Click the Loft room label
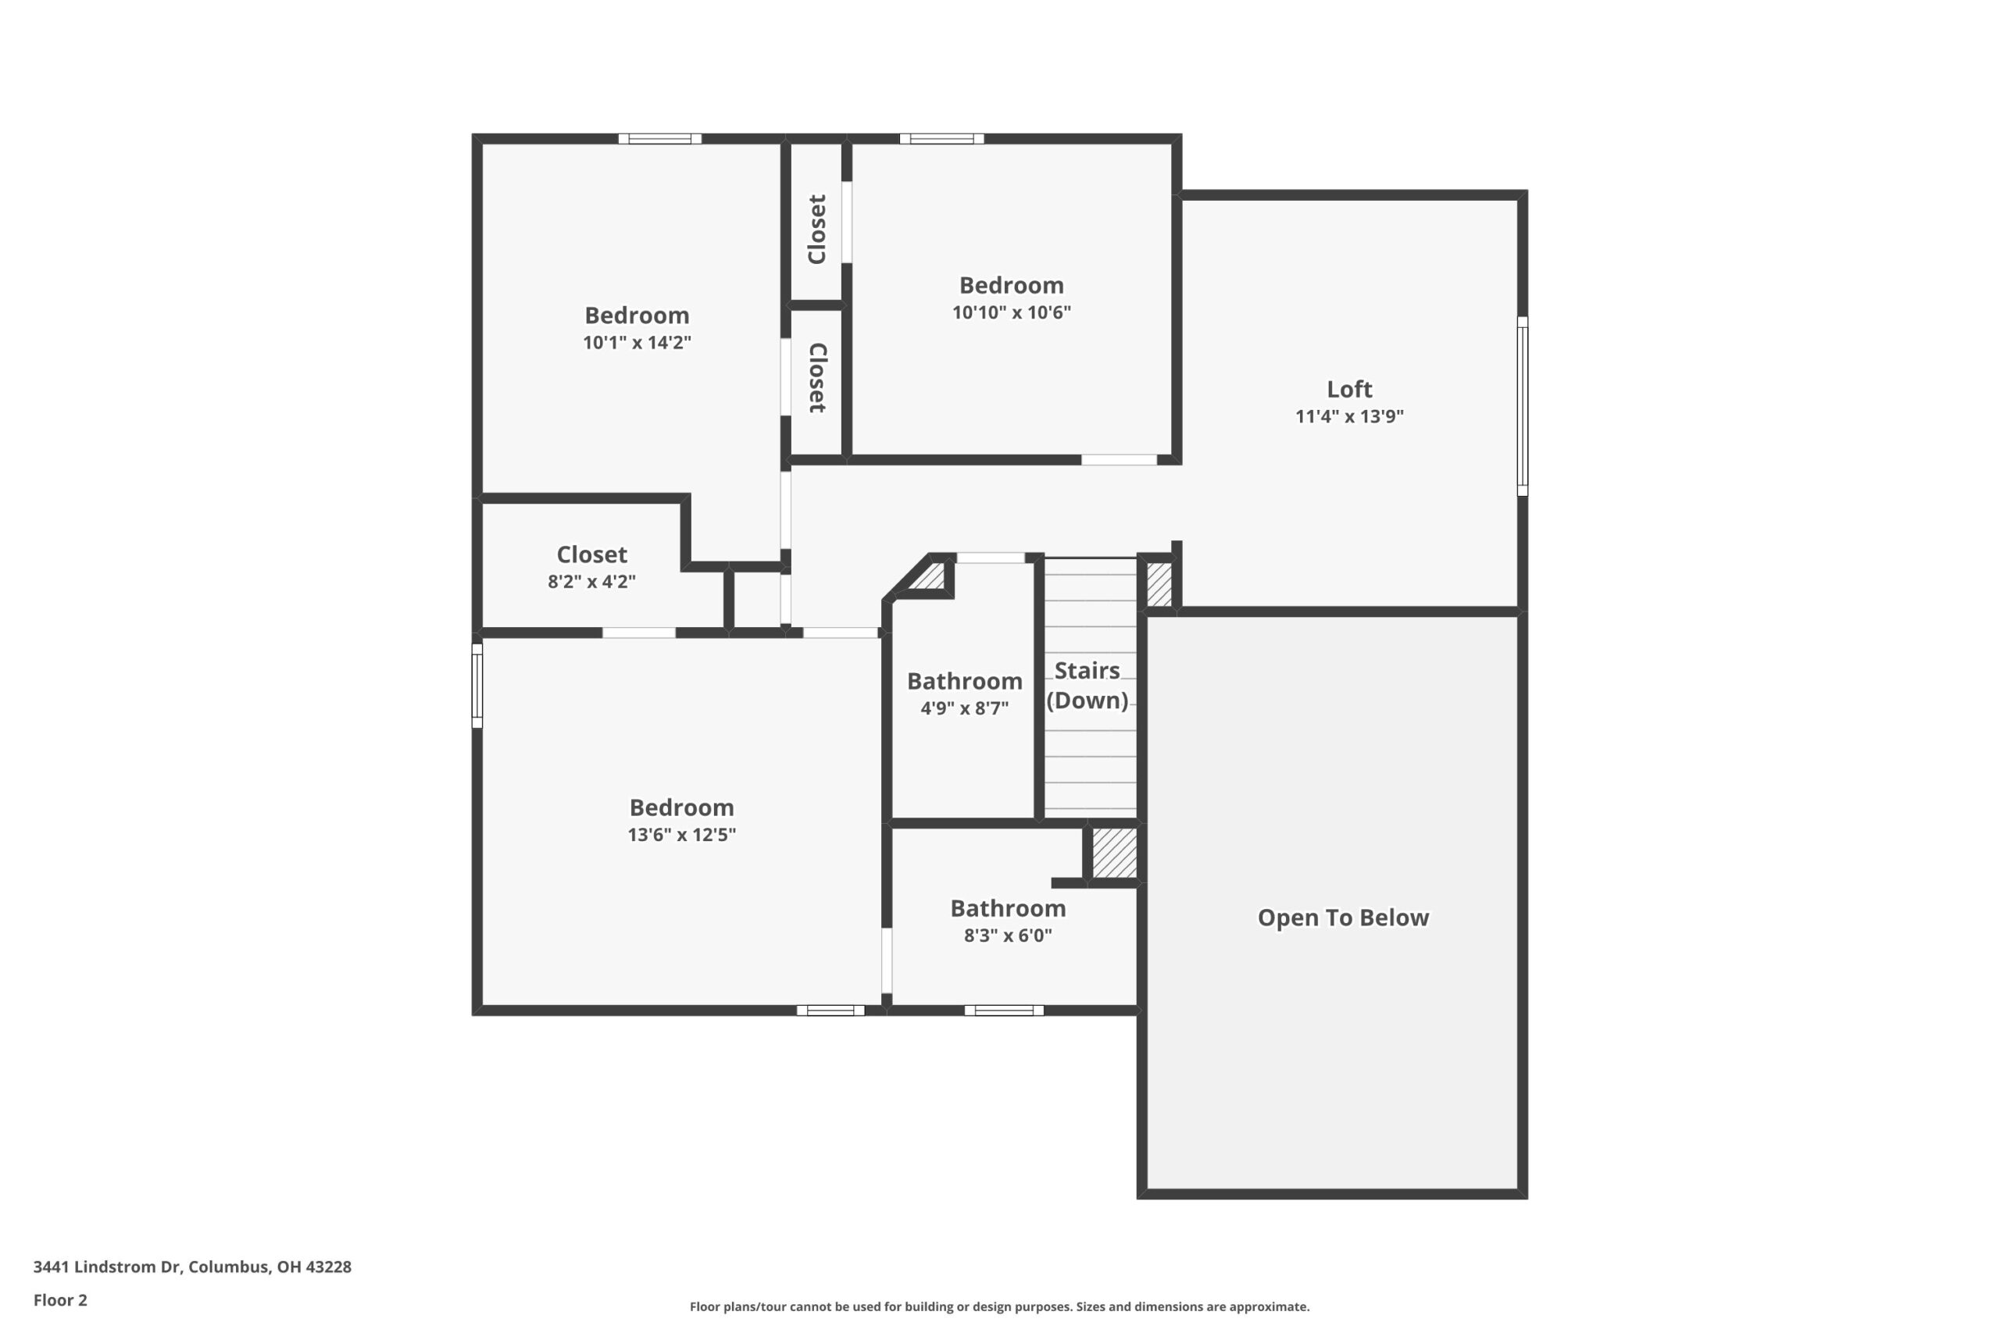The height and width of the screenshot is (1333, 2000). pyautogui.click(x=1349, y=390)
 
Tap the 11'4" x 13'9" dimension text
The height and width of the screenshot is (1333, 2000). pyautogui.click(x=1349, y=416)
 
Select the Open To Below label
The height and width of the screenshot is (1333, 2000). pyautogui.click(x=1343, y=918)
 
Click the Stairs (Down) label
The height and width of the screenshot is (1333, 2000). pyautogui.click(x=1087, y=685)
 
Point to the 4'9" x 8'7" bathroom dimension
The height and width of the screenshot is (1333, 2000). pyautogui.click(x=964, y=708)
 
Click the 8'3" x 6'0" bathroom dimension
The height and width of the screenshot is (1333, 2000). pyautogui.click(x=1008, y=936)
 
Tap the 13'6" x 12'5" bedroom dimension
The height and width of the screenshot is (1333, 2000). pyautogui.click(x=681, y=835)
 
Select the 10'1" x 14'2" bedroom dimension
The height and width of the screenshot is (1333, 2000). pyautogui.click(x=637, y=343)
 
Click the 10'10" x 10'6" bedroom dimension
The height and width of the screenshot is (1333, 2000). pyautogui.click(x=1011, y=312)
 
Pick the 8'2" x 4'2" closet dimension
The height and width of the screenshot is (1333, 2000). pyautogui.click(x=592, y=582)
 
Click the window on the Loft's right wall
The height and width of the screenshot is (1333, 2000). pyautogui.click(x=1522, y=406)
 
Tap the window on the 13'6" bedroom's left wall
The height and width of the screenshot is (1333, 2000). pyautogui.click(x=477, y=685)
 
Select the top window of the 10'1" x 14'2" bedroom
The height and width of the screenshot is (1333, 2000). pyautogui.click(x=660, y=138)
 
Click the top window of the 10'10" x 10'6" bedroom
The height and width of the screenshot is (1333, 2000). pyautogui.click(x=941, y=138)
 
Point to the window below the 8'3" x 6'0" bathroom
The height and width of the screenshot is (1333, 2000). pyautogui.click(x=1003, y=1010)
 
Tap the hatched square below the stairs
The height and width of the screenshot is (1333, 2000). pyautogui.click(x=1114, y=853)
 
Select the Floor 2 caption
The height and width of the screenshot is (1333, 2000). pyautogui.click(x=60, y=1300)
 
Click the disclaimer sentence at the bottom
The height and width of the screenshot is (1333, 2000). pyautogui.click(x=999, y=1306)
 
